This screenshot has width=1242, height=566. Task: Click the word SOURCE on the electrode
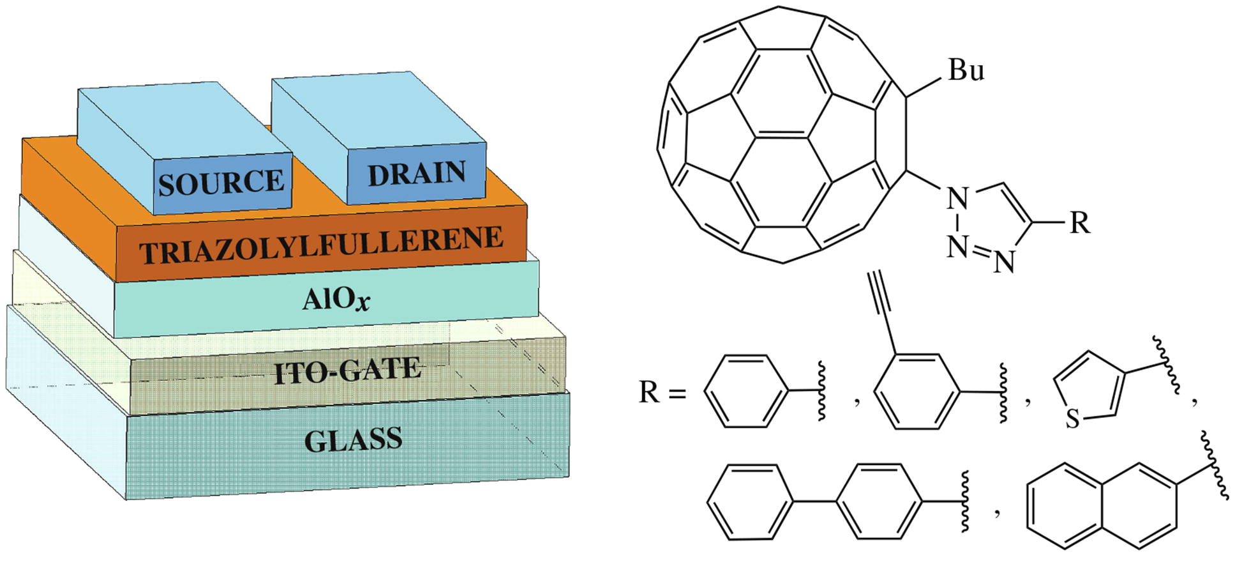[x=221, y=183]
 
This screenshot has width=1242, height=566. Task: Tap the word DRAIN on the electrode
[x=417, y=173]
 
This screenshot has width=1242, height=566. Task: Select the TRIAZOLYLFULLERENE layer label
[x=322, y=245]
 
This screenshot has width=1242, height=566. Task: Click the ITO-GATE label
[x=347, y=371]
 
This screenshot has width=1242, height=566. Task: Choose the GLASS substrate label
[x=353, y=440]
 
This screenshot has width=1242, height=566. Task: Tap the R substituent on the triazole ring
[x=1079, y=223]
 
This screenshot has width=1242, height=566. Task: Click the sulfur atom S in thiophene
[x=1072, y=419]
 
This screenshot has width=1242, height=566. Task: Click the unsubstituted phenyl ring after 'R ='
[x=744, y=390]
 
